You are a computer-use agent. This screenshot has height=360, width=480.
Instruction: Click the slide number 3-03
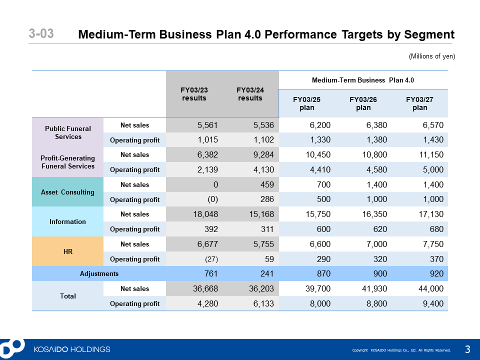click(41, 33)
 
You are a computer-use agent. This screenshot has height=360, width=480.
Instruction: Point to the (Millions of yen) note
click(432, 56)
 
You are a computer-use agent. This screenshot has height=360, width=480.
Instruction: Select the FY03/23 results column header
click(194, 94)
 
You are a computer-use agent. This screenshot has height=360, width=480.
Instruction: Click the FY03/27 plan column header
click(419, 103)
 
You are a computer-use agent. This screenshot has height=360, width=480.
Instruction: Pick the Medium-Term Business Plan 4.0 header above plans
click(363, 80)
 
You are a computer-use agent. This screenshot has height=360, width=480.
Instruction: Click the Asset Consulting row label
click(67, 192)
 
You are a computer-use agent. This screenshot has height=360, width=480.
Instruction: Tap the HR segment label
click(68, 251)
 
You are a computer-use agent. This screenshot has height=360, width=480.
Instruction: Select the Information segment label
click(67, 221)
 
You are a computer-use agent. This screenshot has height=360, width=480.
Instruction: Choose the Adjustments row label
click(99, 273)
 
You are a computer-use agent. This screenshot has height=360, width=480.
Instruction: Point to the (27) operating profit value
click(211, 259)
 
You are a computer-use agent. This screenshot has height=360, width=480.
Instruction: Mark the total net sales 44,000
click(431, 288)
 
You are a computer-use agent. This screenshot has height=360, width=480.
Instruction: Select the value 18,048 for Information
click(205, 214)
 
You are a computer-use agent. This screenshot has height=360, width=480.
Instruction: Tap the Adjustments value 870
click(324, 273)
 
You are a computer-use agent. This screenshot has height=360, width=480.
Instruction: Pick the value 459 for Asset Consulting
click(267, 184)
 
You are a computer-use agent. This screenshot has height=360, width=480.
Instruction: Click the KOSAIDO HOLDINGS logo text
click(72, 349)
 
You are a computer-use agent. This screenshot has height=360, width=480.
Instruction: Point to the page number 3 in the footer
click(467, 349)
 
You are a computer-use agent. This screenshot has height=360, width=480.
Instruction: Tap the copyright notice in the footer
click(401, 350)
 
